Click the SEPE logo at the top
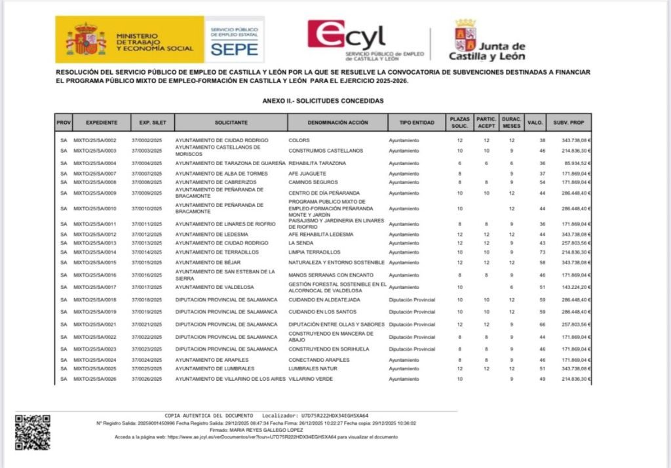pos(234,39)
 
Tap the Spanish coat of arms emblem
pos(86,39)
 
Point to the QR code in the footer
pos(32,432)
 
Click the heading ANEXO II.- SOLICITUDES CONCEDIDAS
pos(322,101)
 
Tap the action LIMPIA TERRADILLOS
pos(315,252)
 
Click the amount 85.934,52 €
pos(577,163)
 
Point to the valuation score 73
pos(542,252)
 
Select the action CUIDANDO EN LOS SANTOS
pos(322,312)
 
